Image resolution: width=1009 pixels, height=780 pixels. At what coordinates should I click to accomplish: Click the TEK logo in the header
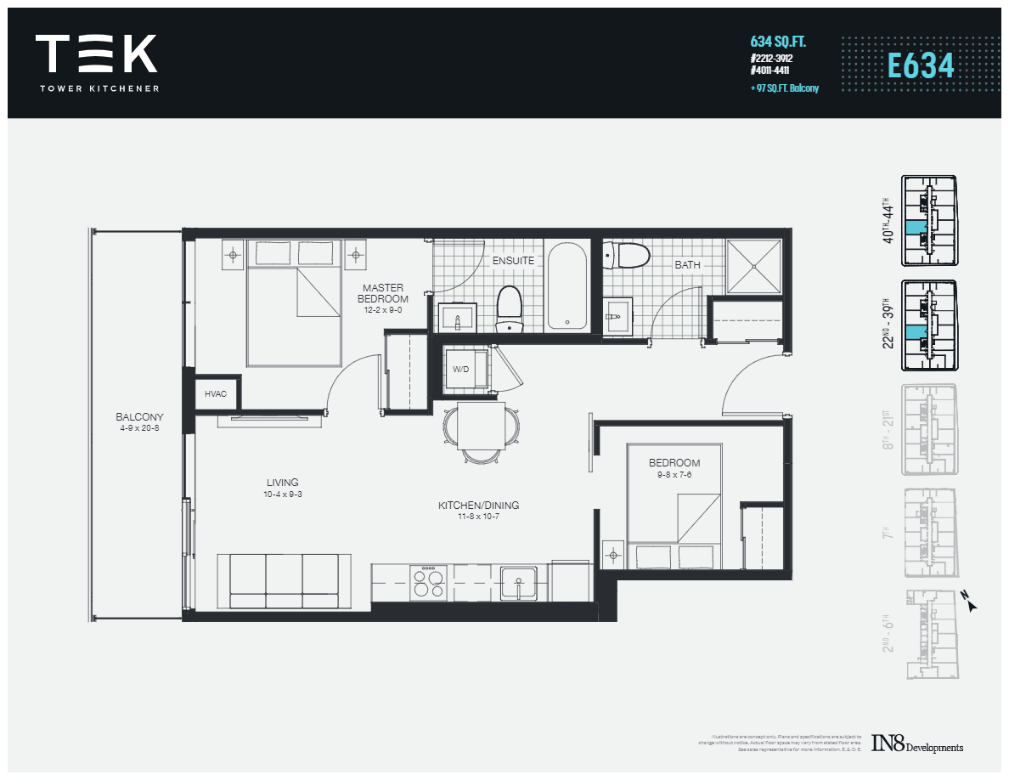96,55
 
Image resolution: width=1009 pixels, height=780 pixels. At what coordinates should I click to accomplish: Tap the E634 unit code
921,65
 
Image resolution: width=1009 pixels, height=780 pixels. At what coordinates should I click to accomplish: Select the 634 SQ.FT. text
777,42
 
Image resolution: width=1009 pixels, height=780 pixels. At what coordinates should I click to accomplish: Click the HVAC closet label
215,394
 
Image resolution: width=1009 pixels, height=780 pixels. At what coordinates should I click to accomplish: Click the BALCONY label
140,417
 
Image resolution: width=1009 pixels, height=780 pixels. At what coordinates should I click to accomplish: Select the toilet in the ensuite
509,308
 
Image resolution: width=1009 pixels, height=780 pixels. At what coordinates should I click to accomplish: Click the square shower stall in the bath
753,265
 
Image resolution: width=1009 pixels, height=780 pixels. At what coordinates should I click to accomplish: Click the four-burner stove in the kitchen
428,584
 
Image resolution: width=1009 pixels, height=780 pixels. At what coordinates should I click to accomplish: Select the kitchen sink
517,584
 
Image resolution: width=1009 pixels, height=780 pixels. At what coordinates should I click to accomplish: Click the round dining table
482,424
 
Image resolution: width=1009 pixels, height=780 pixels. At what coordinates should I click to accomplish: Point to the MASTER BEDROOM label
382,293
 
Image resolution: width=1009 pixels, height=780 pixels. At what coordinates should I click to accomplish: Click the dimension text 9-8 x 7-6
674,475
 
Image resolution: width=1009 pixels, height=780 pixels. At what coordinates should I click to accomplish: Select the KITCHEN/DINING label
478,506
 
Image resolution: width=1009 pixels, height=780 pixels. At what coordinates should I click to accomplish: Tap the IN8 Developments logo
916,744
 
